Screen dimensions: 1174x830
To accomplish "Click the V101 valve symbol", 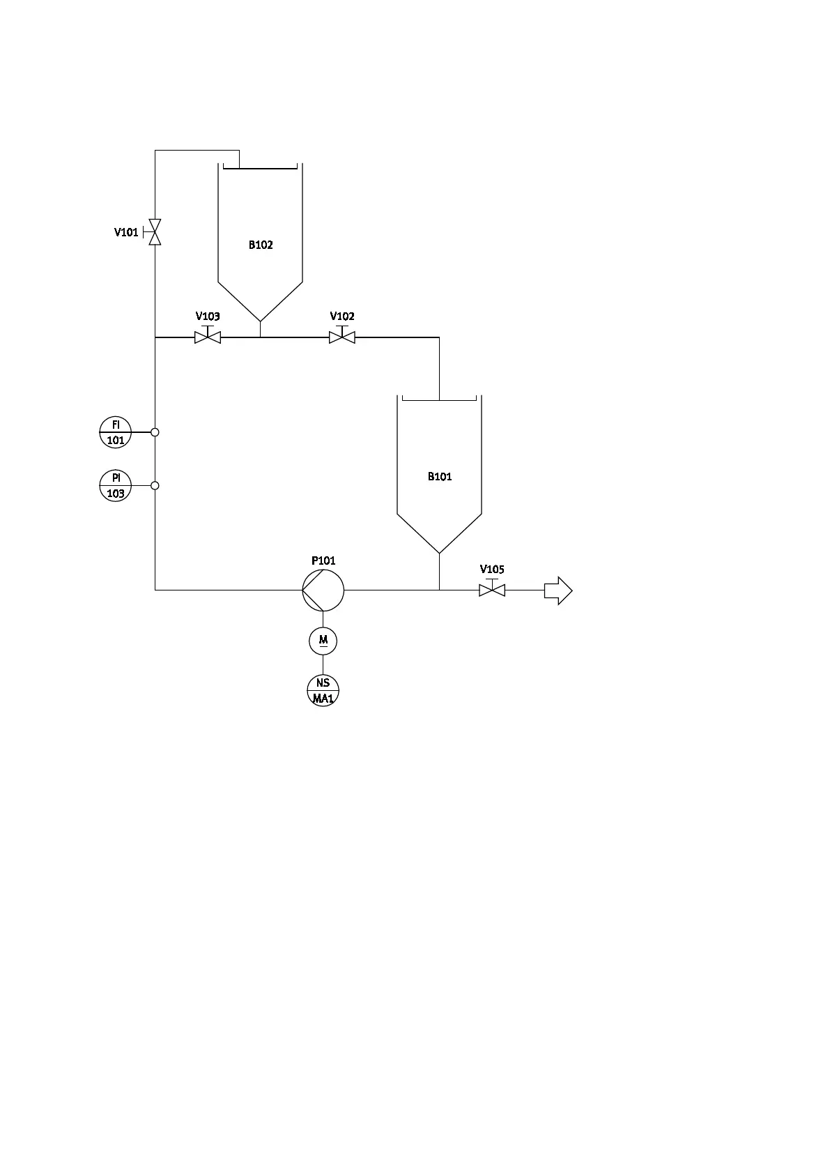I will [155, 231].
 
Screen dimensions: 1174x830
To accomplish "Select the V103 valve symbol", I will [208, 337].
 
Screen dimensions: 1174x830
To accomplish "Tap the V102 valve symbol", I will [342, 337].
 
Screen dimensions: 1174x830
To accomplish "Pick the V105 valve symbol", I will [492, 590].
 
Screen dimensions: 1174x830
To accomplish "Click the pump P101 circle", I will [323, 590].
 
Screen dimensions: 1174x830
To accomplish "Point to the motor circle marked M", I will [323, 640].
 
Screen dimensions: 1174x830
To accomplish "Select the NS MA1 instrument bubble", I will [323, 690].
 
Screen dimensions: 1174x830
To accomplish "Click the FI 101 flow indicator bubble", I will [116, 432].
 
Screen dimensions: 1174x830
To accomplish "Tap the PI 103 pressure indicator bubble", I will [116, 485].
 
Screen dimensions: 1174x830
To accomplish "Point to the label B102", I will [261, 245].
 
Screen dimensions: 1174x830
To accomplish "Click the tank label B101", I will [440, 477].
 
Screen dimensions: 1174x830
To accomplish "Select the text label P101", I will [323, 561].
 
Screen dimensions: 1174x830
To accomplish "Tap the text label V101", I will [126, 232].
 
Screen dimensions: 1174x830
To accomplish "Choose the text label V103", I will [208, 317].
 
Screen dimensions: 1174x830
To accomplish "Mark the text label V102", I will [342, 317].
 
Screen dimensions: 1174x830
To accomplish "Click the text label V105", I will [492, 570].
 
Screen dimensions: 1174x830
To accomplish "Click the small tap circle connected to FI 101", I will [155, 432].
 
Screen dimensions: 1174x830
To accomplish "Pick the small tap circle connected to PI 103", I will [155, 485].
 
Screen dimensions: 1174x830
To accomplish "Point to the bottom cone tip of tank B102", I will [261, 321].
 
